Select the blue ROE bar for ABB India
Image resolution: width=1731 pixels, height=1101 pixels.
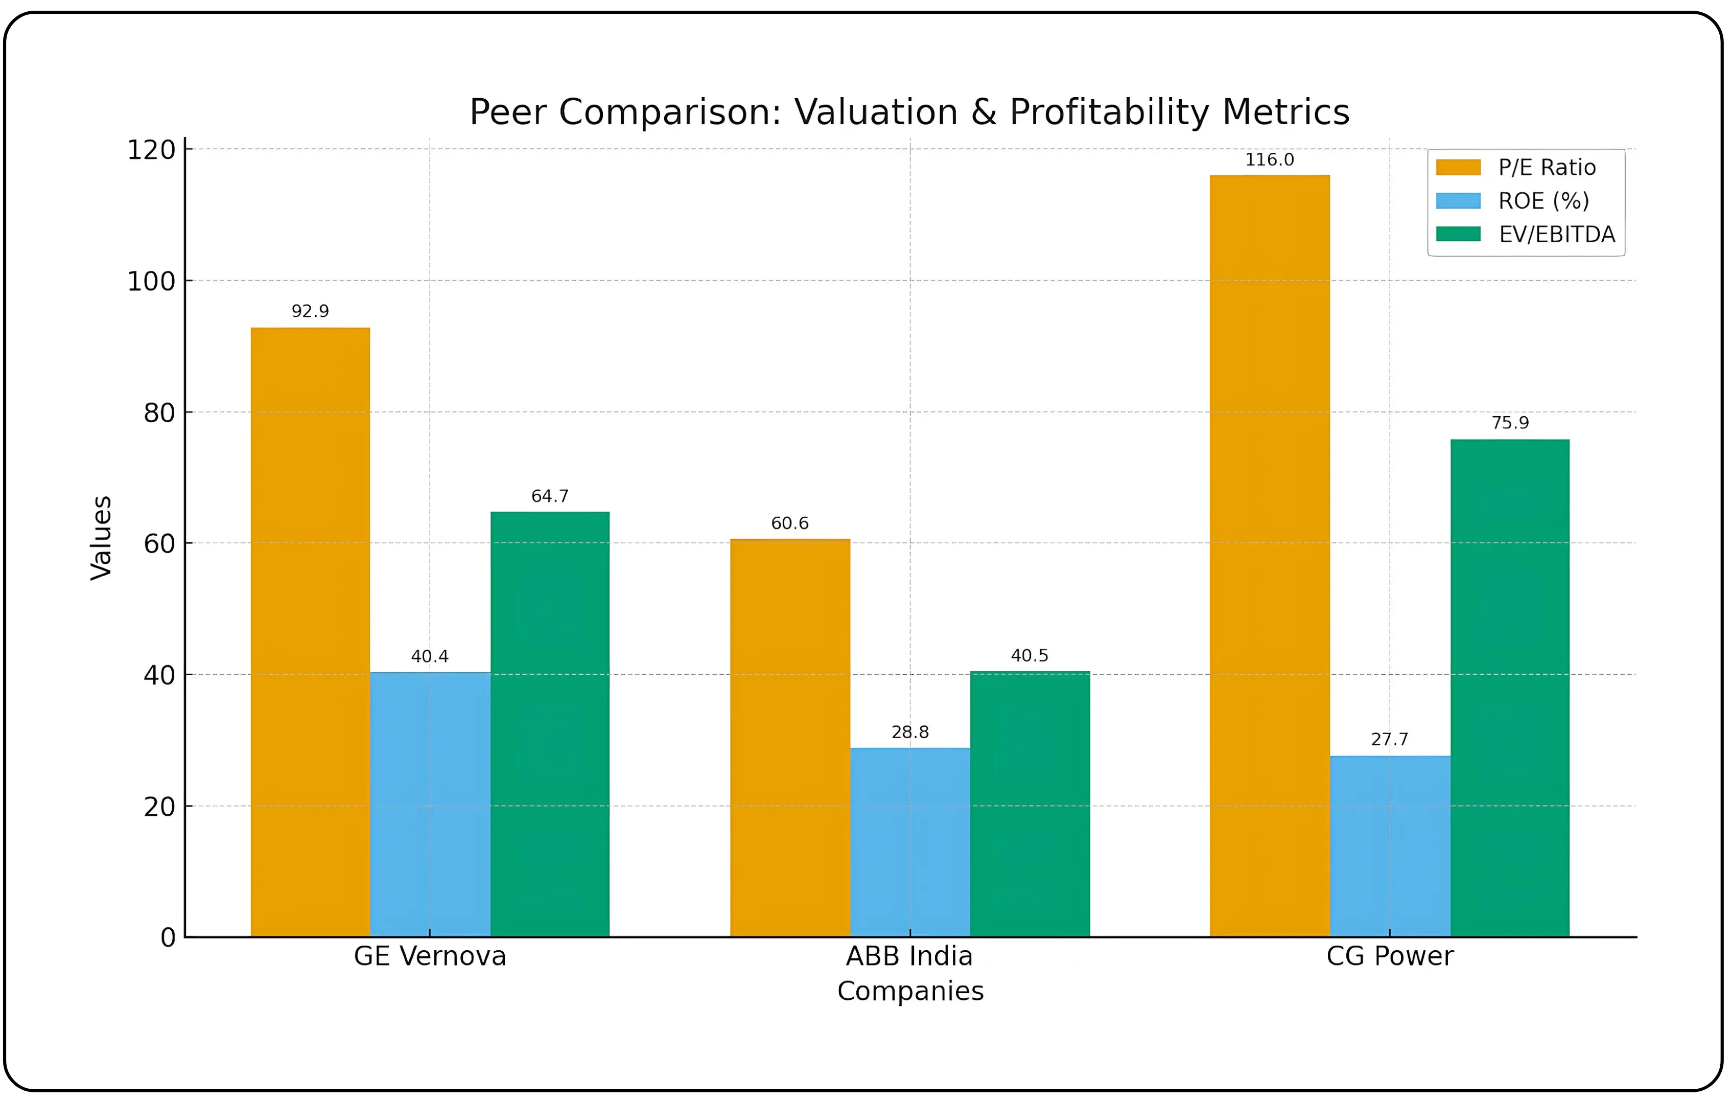pyautogui.click(x=910, y=841)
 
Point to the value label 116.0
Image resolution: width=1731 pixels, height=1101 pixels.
pyautogui.click(x=1270, y=159)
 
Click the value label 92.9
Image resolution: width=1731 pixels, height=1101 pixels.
pyautogui.click(x=310, y=311)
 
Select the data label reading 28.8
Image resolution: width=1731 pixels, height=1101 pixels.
pyautogui.click(x=910, y=732)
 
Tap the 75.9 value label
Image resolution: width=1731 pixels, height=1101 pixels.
pyautogui.click(x=1510, y=422)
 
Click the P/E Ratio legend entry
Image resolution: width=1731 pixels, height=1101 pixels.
pyautogui.click(x=1546, y=168)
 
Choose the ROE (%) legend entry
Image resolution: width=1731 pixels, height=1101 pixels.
pyautogui.click(x=1542, y=201)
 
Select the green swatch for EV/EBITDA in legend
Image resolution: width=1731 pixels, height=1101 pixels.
pyautogui.click(x=1458, y=234)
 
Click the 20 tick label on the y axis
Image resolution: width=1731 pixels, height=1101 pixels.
pyautogui.click(x=159, y=807)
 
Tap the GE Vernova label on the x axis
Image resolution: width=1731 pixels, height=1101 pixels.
pyautogui.click(x=430, y=956)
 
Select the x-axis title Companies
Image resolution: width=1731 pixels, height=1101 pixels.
pyautogui.click(x=910, y=991)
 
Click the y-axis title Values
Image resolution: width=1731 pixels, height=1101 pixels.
pyautogui.click(x=101, y=537)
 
